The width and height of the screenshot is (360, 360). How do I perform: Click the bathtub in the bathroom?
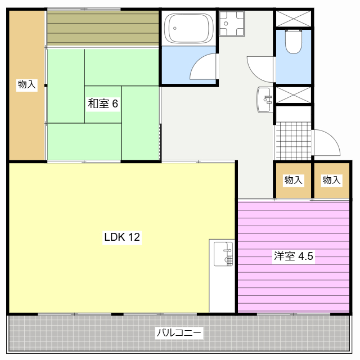pos(189,28)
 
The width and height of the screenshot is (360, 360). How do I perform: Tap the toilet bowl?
pos(293,41)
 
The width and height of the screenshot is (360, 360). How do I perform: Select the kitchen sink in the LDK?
pos(223,254)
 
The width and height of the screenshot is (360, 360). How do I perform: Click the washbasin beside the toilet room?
pos(265,100)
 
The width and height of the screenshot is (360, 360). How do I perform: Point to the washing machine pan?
pos(232,24)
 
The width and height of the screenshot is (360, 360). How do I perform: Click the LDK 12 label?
pos(122,237)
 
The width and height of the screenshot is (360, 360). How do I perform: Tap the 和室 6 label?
pos(103,103)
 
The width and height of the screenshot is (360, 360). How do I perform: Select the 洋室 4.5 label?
pos(294,256)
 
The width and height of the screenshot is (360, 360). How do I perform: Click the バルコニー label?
pos(179,332)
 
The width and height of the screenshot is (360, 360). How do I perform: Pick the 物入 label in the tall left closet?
pos(27,84)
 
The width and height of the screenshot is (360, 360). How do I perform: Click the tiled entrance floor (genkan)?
pos(293,141)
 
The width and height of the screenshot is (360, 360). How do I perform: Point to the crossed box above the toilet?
pos(293,19)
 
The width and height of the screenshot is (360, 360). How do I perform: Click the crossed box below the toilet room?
pos(293,95)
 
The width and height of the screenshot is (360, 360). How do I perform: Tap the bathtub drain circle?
pos(175,28)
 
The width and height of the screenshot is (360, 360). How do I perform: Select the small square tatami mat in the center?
pos(103,105)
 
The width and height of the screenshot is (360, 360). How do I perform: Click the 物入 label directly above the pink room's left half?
pos(294,180)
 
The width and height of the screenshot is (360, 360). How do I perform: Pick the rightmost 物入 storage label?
pos(331,180)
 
